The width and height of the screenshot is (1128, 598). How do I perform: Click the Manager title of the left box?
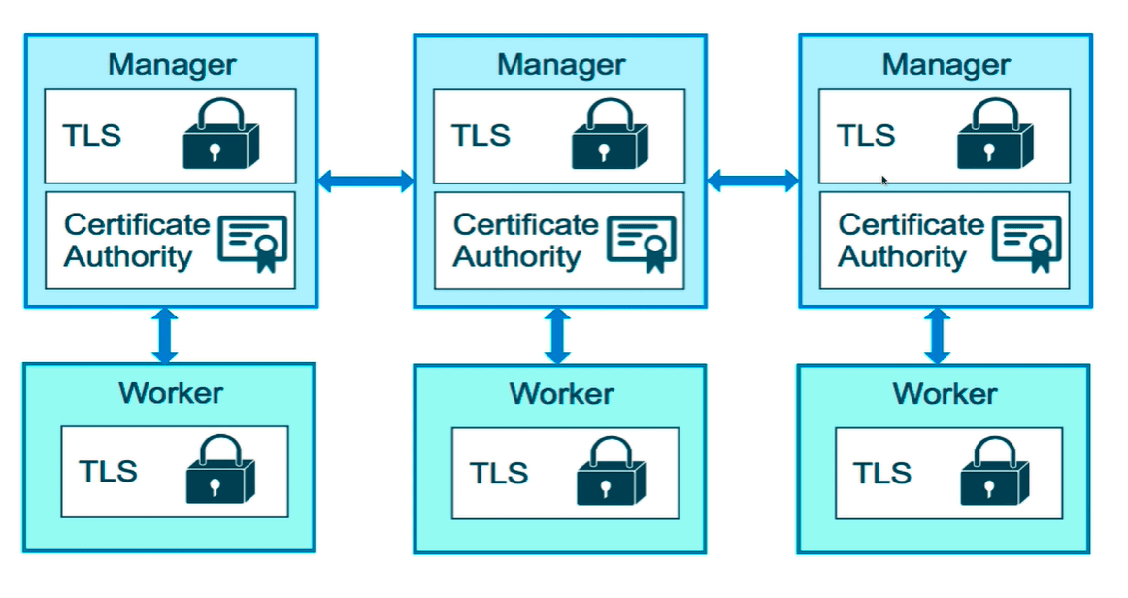tap(172, 65)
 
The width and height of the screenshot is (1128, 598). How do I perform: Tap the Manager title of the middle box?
tap(560, 65)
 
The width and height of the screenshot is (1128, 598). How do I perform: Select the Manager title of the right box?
tap(946, 65)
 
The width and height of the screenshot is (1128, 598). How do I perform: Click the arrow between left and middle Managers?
tap(366, 180)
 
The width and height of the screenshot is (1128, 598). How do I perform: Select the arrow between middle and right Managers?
tap(752, 180)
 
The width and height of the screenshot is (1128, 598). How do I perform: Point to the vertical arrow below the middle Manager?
tap(556, 336)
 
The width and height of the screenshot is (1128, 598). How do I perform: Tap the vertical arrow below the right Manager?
tap(938, 336)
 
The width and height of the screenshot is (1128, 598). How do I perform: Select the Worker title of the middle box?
tap(561, 394)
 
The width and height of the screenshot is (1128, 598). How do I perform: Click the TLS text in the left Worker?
tap(108, 471)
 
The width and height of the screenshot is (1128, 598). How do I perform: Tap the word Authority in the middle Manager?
tap(516, 257)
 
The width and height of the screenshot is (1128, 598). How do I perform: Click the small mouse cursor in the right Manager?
tap(884, 180)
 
